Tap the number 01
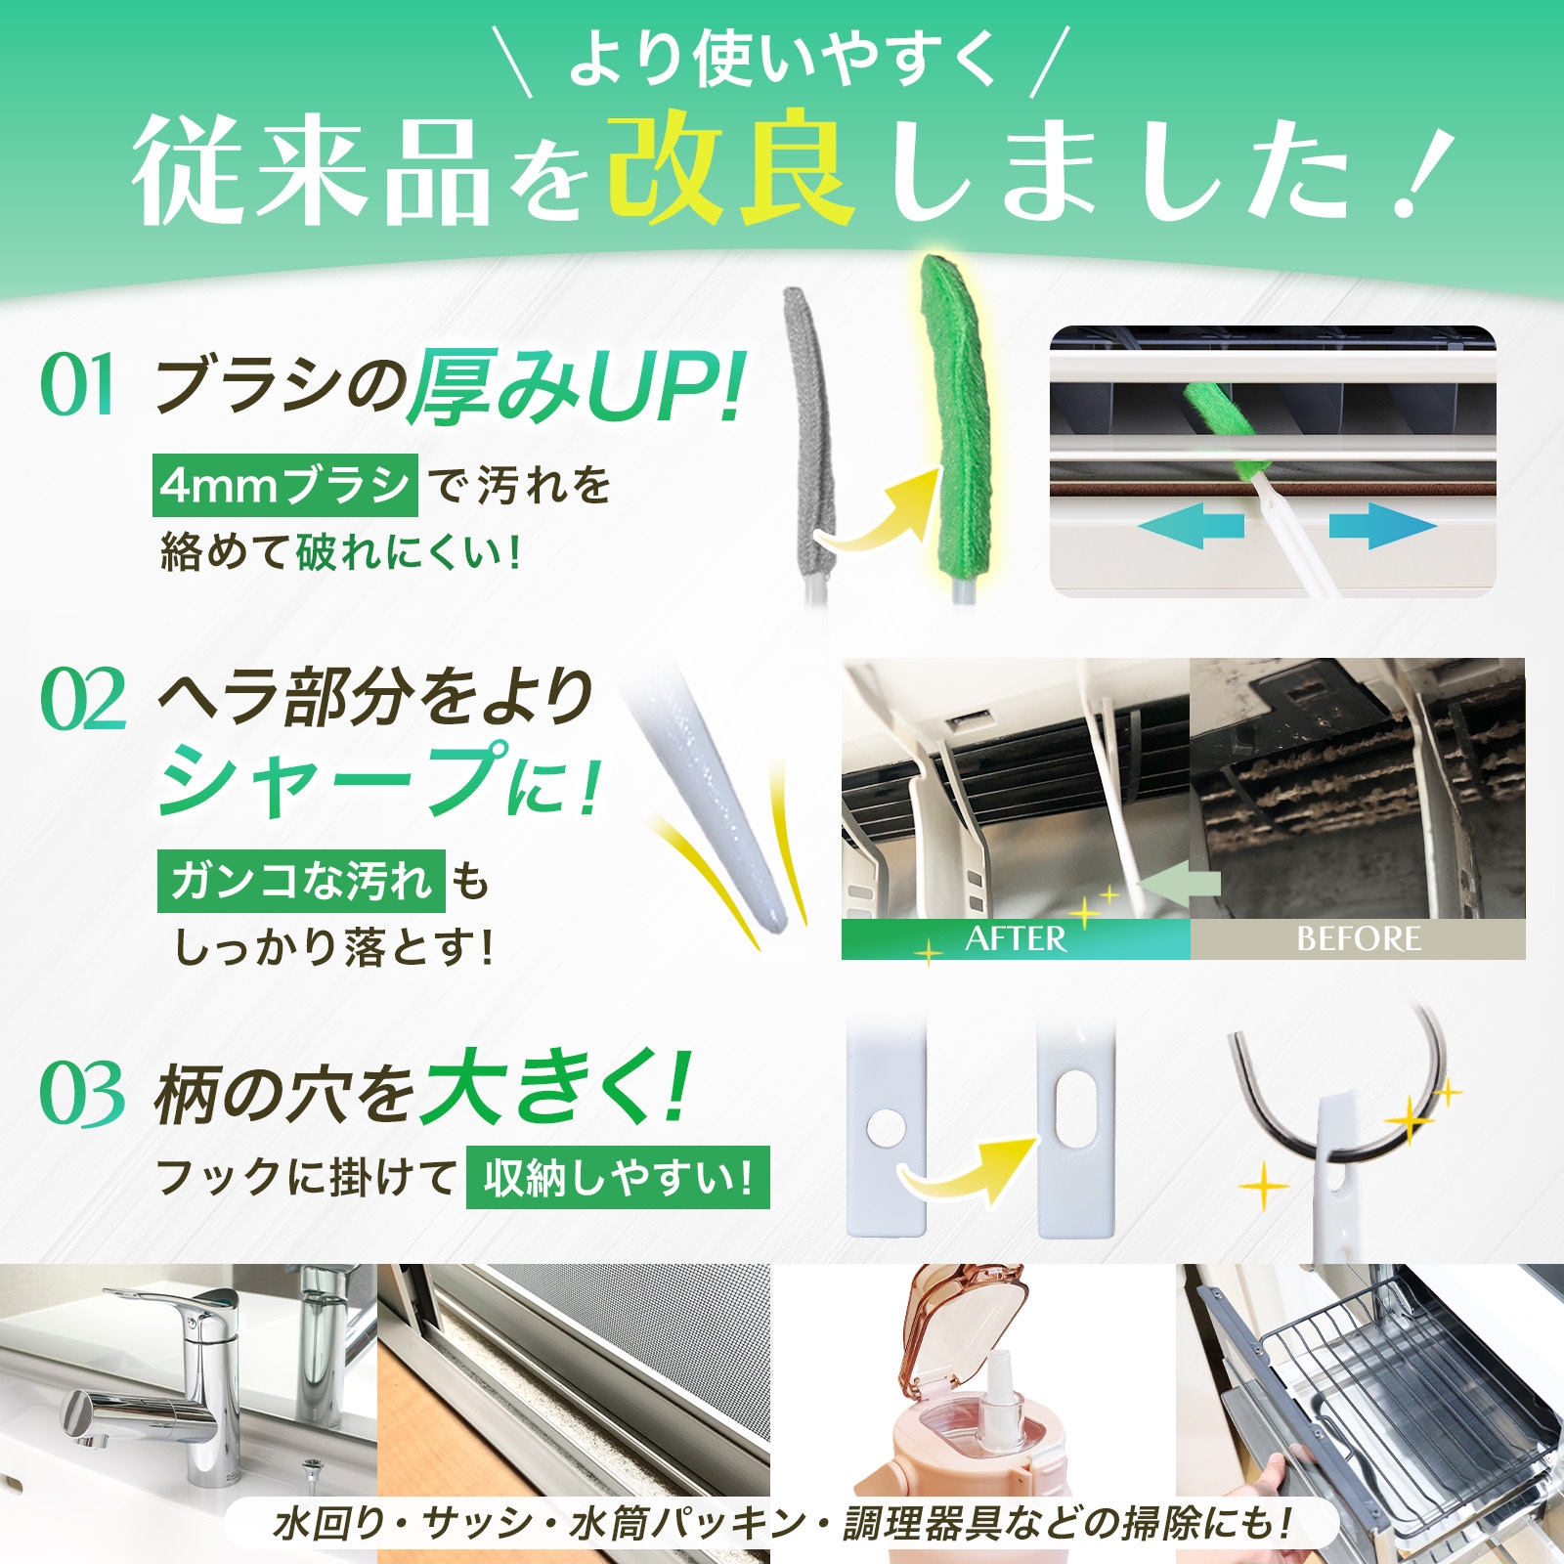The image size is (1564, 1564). tap(78, 385)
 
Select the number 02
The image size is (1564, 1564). tap(83, 700)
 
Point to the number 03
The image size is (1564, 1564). tap(82, 1094)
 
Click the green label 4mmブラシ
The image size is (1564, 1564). tap(284, 485)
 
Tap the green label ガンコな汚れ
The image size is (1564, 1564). tap(301, 881)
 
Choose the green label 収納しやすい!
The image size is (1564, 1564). tap(618, 1178)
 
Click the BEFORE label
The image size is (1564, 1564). tap(1359, 939)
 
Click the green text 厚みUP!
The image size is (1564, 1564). tap(577, 388)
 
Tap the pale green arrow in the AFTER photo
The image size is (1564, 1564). tap(1181, 884)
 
